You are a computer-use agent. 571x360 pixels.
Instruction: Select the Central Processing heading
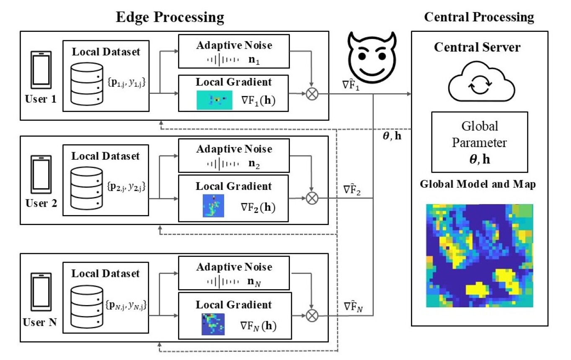click(x=479, y=17)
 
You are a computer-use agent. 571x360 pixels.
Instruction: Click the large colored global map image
click(x=480, y=256)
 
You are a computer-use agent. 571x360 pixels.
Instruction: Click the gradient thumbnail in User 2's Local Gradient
click(x=213, y=205)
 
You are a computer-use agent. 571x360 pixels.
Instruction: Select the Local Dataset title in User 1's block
click(x=106, y=52)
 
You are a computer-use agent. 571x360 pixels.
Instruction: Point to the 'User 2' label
click(x=41, y=204)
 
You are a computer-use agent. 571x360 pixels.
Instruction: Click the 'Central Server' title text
click(x=477, y=47)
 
